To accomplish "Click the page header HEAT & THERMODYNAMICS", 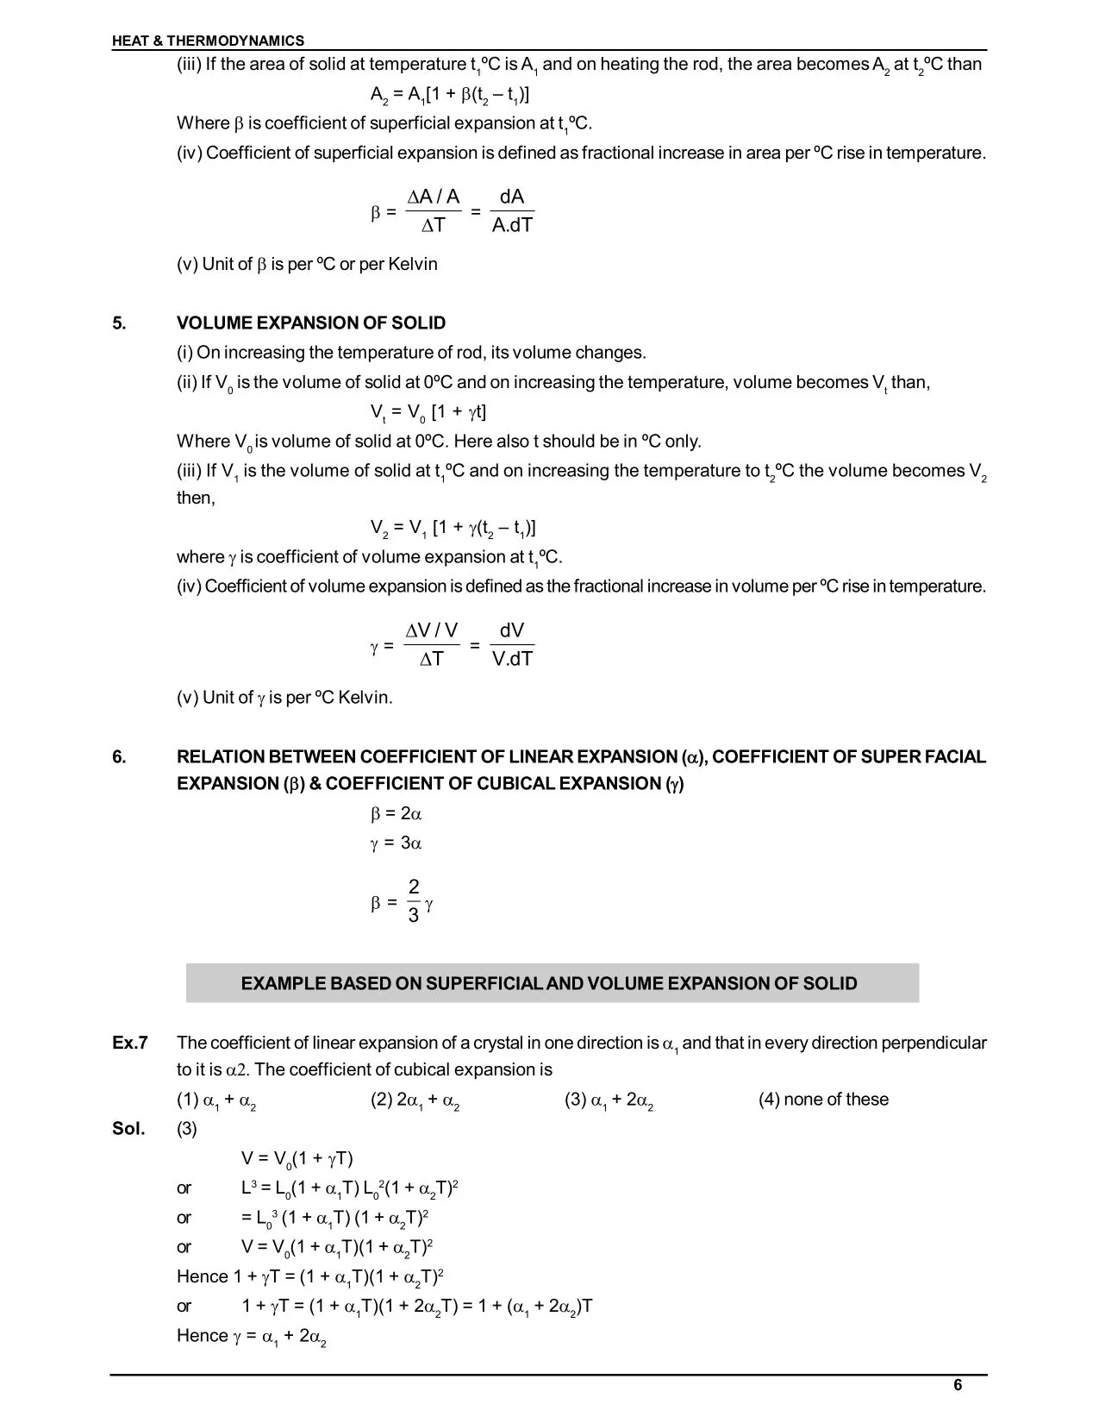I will click(x=208, y=41).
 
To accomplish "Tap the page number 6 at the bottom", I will click(x=958, y=1385).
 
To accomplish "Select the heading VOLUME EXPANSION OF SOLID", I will click(x=311, y=323).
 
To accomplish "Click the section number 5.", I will click(x=119, y=323).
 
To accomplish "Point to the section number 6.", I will click(x=119, y=757).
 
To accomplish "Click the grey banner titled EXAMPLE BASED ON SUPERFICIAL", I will click(x=552, y=983).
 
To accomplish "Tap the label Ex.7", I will click(x=130, y=1043).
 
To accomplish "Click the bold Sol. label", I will click(x=128, y=1128).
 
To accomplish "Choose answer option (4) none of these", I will click(x=823, y=1100).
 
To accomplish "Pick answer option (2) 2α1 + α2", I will click(x=415, y=1100).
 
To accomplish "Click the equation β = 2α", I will click(x=396, y=813).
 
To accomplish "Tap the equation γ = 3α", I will click(x=396, y=843).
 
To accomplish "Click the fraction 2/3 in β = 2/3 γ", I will click(x=414, y=901).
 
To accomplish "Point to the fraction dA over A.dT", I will click(x=512, y=211).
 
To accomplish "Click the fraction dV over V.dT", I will click(x=512, y=644).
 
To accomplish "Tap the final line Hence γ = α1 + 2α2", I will click(x=252, y=1336).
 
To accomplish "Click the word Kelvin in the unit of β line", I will click(x=413, y=265).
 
